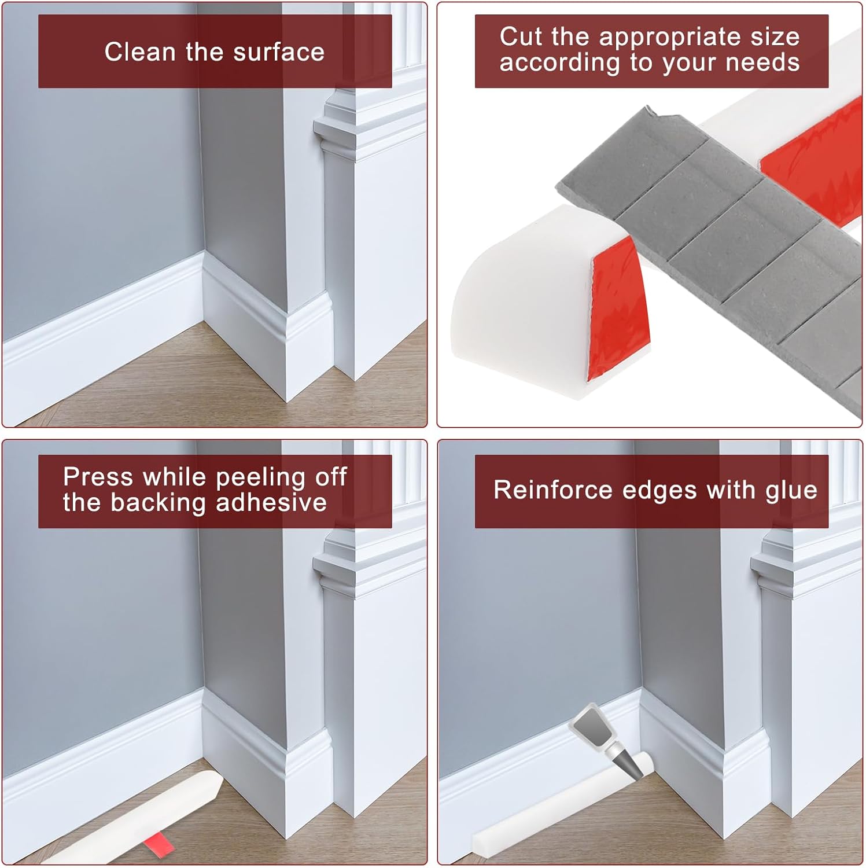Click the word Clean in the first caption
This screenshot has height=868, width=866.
[x=139, y=52]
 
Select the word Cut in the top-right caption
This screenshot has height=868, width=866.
[x=521, y=36]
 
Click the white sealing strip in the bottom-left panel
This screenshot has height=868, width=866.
[x=139, y=818]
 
